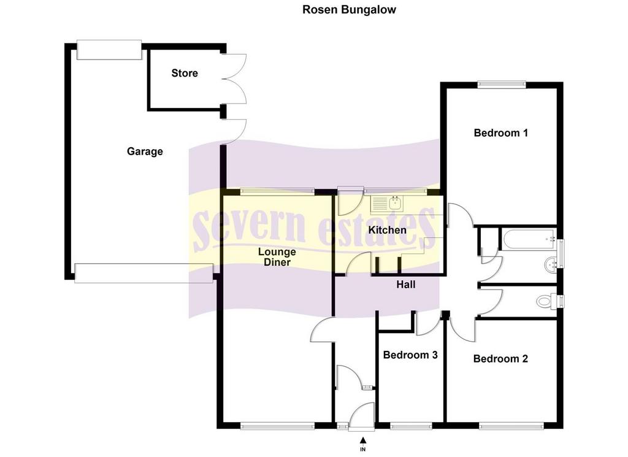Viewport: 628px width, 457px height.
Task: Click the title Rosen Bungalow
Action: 349,10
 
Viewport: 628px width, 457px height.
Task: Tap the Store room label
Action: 185,73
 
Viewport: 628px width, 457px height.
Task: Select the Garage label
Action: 145,152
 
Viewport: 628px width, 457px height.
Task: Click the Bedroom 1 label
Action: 500,132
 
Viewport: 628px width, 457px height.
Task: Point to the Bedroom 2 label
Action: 500,358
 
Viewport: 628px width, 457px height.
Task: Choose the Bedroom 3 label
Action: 410,355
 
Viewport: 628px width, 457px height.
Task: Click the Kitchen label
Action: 388,230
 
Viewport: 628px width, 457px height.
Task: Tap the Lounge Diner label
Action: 277,257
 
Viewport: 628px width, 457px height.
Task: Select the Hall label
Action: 406,285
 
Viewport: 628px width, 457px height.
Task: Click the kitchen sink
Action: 388,204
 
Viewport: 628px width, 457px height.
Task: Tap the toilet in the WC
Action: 546,301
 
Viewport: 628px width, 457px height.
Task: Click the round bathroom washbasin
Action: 551,264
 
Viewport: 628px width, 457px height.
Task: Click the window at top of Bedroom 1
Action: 502,84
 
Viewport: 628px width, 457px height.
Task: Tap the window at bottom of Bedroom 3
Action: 410,426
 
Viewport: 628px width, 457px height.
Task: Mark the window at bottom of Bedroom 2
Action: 511,426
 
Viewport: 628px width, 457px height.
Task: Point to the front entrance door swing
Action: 361,417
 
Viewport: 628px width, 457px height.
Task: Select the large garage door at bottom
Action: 144,273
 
